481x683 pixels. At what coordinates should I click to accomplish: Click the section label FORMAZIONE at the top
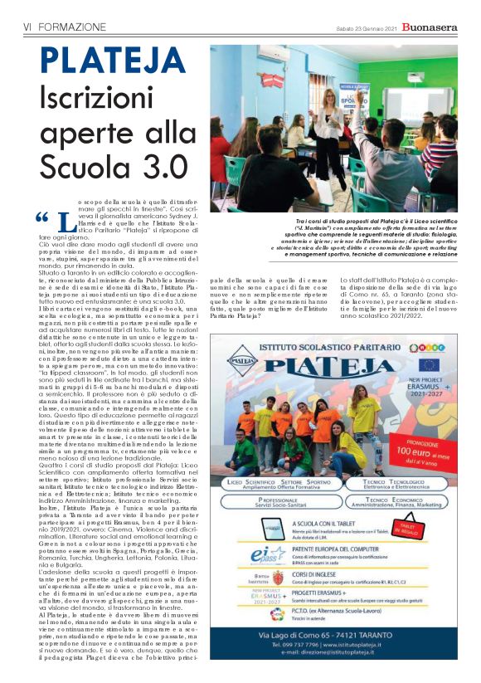70,27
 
